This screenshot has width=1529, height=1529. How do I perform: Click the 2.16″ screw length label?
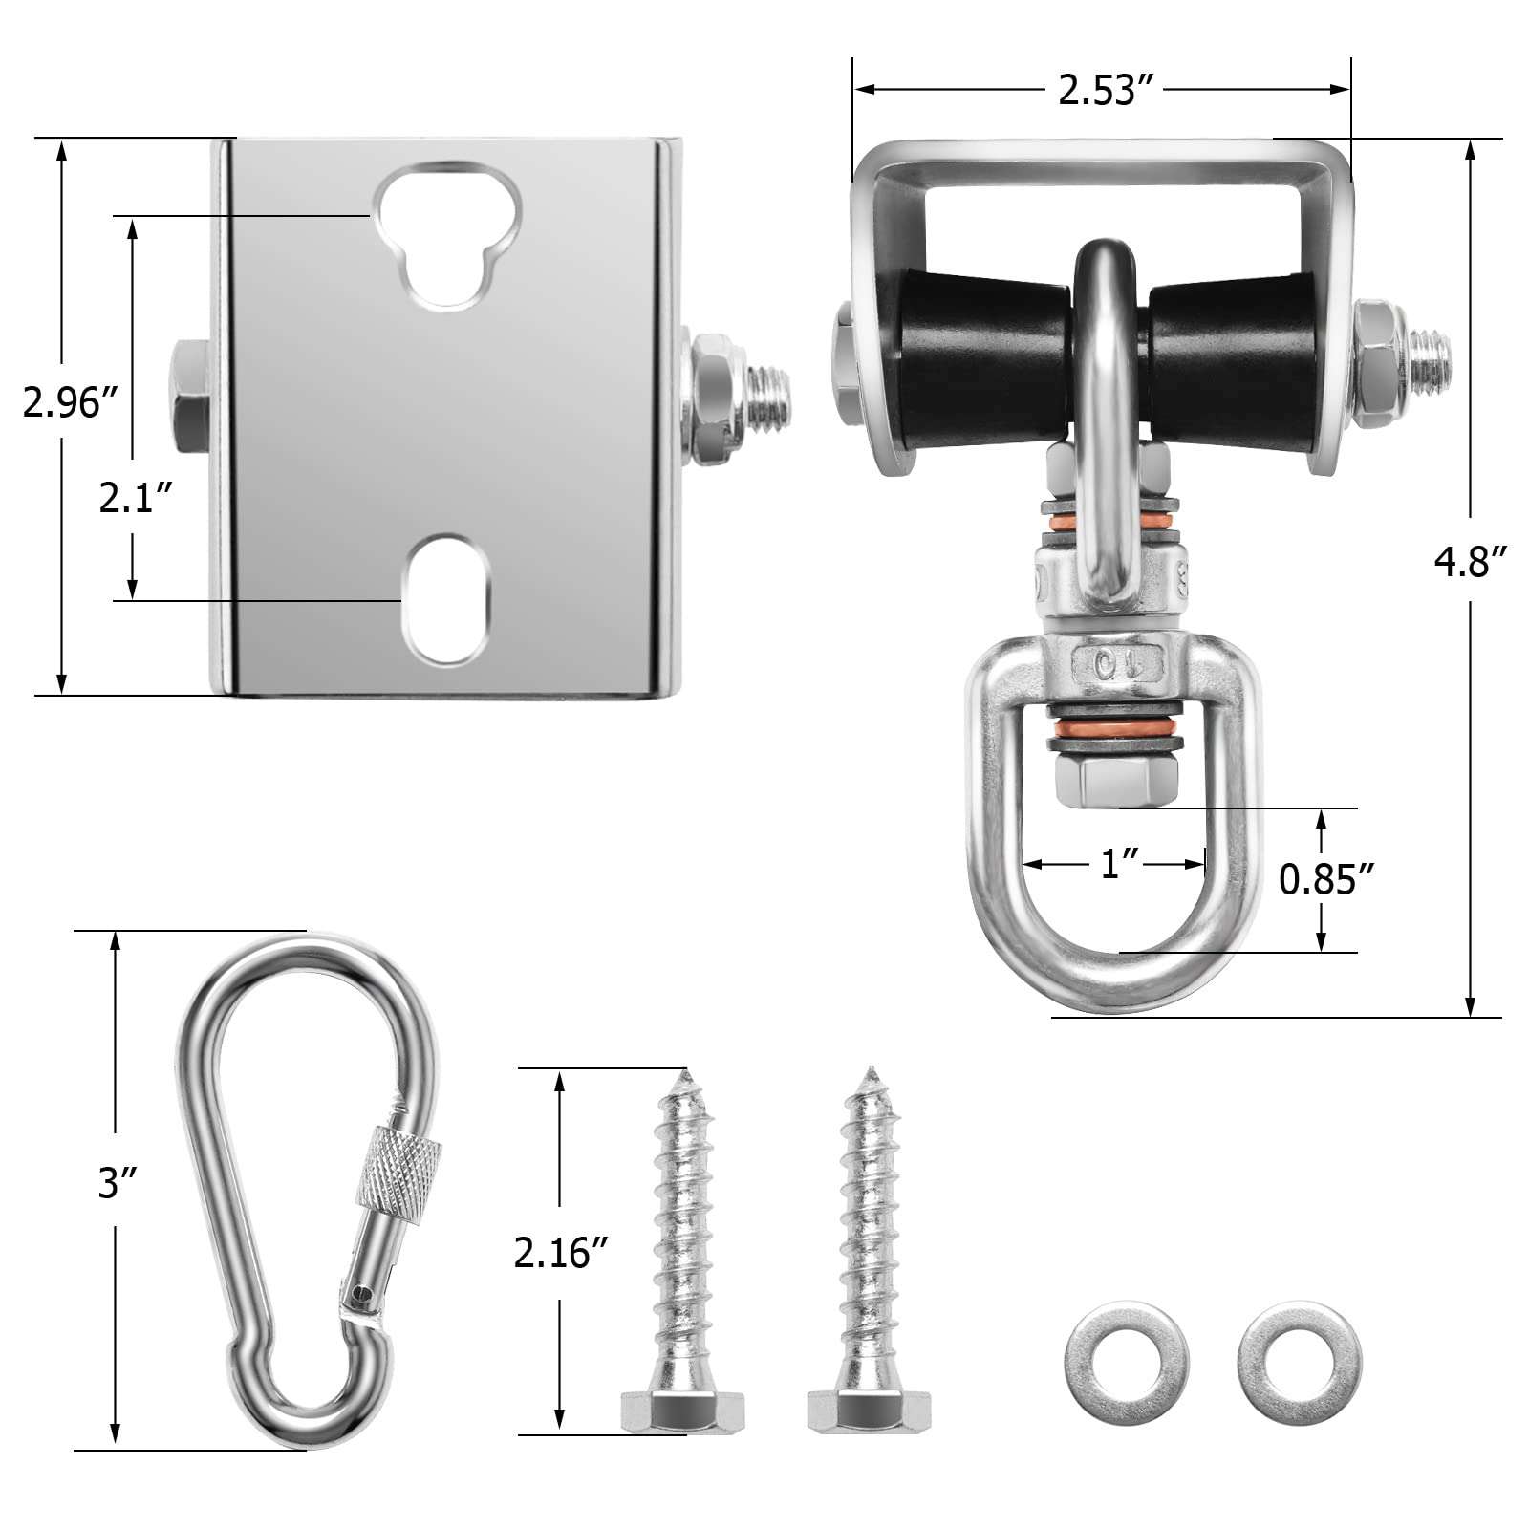coord(561,1252)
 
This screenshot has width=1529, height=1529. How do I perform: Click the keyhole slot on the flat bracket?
coord(447,234)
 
